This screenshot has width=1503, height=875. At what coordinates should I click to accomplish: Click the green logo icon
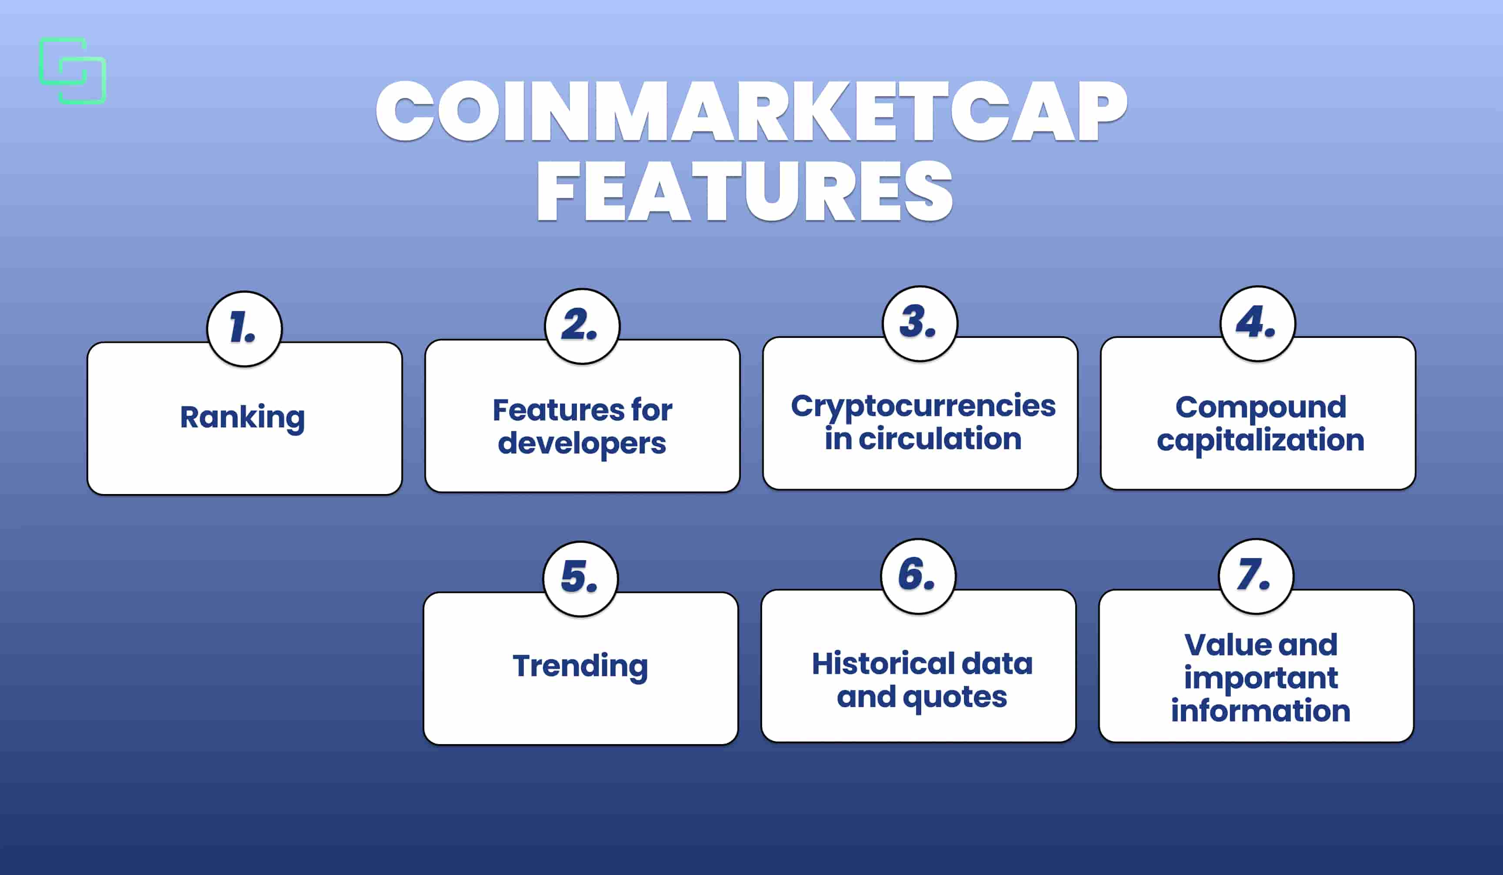click(73, 71)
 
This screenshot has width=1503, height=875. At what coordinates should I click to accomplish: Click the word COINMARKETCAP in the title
click(751, 111)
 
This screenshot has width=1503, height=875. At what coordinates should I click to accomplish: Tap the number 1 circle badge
click(244, 329)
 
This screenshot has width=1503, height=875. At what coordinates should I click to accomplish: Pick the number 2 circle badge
click(582, 326)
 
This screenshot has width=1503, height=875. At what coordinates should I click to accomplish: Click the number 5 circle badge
click(580, 578)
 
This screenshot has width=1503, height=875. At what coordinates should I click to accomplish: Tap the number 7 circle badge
click(1256, 576)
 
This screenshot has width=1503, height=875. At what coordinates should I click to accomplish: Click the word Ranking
click(243, 417)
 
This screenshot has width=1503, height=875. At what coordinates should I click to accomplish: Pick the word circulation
click(940, 439)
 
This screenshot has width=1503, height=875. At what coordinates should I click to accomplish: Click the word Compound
click(1260, 408)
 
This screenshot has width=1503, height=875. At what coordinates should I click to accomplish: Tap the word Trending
click(580, 666)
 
